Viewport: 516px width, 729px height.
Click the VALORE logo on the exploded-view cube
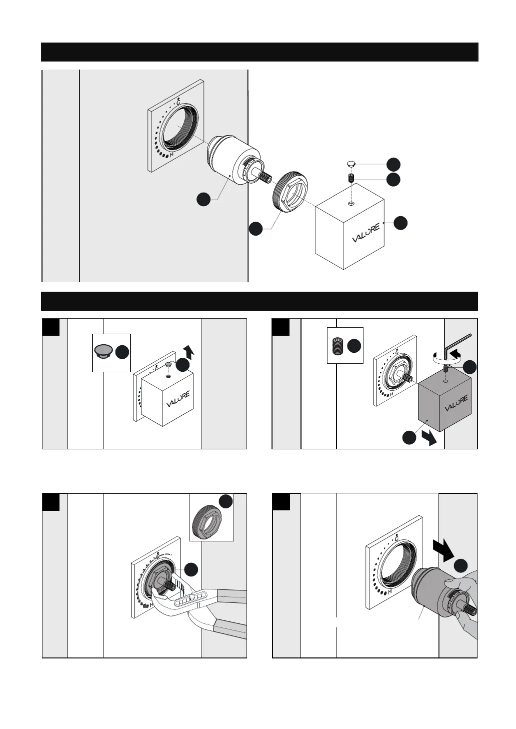(x=366, y=233)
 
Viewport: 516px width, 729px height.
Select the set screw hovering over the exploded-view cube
(x=351, y=178)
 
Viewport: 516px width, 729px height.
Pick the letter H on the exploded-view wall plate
(x=171, y=155)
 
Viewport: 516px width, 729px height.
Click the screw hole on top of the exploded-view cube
(x=351, y=203)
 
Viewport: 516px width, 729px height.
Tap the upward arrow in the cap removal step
(x=187, y=351)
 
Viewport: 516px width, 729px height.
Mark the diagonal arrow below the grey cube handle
(x=428, y=439)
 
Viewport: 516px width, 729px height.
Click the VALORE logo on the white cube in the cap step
(x=178, y=400)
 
